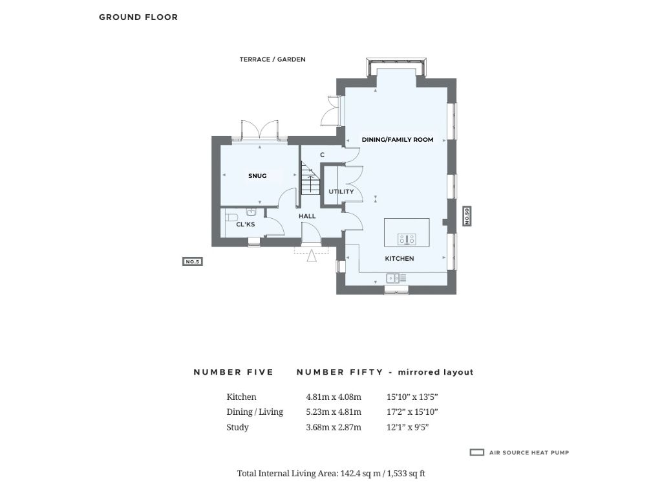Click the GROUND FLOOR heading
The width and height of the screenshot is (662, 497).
[138, 17]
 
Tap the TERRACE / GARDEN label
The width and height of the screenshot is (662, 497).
[272, 60]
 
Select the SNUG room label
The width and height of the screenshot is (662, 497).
[257, 176]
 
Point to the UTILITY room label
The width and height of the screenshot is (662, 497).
[341, 192]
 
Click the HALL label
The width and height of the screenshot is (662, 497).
[307, 216]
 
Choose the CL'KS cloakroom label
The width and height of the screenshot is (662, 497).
[245, 224]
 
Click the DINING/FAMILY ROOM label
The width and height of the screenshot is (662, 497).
[398, 140]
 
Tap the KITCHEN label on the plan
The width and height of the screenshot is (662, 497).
[400, 258]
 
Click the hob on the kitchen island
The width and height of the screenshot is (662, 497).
[407, 239]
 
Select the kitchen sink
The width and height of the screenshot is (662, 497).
[396, 278]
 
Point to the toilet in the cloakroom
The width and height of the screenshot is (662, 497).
[230, 218]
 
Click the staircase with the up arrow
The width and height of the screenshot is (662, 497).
[310, 178]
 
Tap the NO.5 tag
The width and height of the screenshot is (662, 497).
[192, 261]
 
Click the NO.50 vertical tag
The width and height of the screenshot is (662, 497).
[467, 216]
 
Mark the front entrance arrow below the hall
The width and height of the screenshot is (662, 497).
[312, 256]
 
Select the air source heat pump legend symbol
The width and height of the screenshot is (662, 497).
[476, 452]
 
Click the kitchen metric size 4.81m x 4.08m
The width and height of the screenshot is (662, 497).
[334, 397]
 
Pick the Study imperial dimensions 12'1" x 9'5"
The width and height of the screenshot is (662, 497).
[407, 427]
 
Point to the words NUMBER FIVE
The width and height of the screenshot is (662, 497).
[233, 372]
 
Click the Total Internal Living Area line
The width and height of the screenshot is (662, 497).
[331, 473]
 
